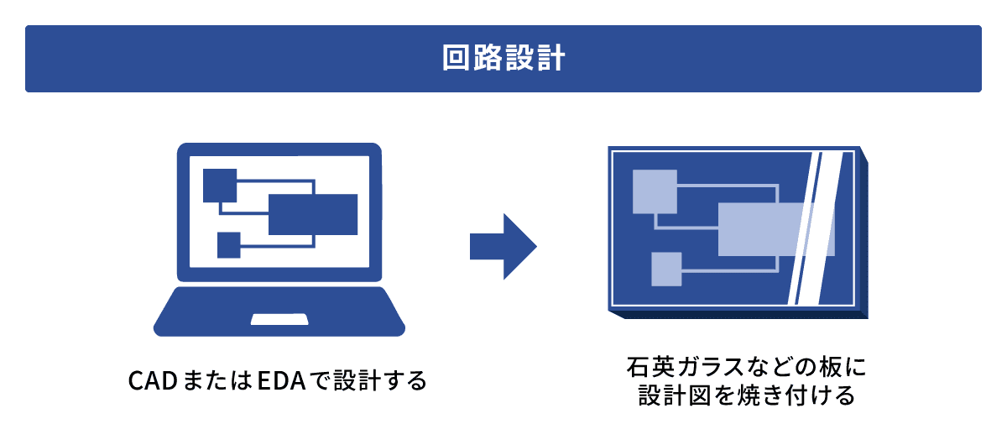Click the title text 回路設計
point(503,59)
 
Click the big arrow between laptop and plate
point(502,246)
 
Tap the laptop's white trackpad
point(279,320)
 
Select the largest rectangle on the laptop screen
point(313,214)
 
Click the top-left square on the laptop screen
point(220,186)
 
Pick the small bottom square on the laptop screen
point(228,244)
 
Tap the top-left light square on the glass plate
point(655,191)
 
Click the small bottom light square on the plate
point(666,269)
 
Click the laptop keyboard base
point(279,311)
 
